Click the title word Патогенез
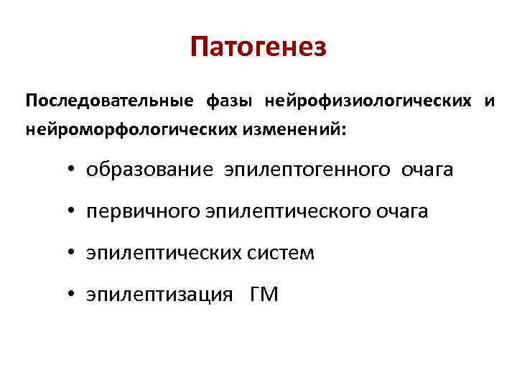[x=258, y=48]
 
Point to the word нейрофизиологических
[x=368, y=101]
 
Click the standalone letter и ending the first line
[x=490, y=101]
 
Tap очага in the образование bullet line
[x=427, y=170]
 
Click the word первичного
[x=144, y=212]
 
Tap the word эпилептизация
[x=159, y=295]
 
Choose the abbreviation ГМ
[x=264, y=294]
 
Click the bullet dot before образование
[x=73, y=171]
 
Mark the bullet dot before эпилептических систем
[x=73, y=254]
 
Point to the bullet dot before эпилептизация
[x=73, y=295]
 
